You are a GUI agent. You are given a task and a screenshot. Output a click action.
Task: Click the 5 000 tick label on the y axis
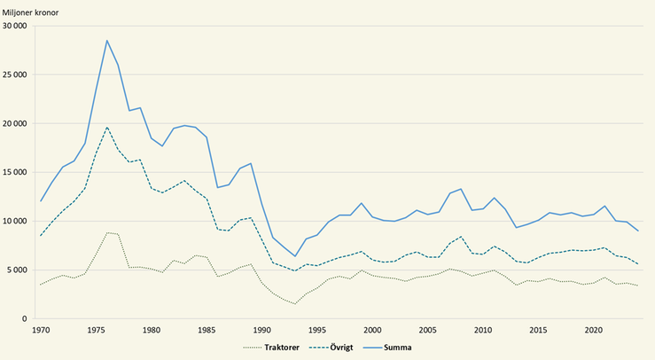point(19,270)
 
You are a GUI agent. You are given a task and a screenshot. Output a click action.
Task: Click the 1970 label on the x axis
point(41,330)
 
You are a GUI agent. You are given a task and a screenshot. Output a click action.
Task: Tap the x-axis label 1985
point(207,330)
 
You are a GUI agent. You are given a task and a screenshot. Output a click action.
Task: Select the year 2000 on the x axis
point(372,330)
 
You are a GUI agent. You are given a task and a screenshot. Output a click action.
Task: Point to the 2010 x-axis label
point(483,330)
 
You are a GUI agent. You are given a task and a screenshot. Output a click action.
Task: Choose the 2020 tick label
point(594,330)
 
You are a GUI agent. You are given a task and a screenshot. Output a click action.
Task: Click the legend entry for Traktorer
point(272,348)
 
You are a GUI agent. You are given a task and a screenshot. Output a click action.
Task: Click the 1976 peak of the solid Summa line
point(107,40)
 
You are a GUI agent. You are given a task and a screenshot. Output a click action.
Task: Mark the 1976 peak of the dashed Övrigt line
point(107,127)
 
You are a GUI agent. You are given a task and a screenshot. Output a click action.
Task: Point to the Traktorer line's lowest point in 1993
point(295,304)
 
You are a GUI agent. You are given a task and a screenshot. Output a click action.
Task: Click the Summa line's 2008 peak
point(461,189)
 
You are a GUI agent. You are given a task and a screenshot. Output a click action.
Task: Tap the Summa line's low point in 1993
point(295,256)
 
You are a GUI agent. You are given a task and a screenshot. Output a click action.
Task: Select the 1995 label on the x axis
point(317,330)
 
